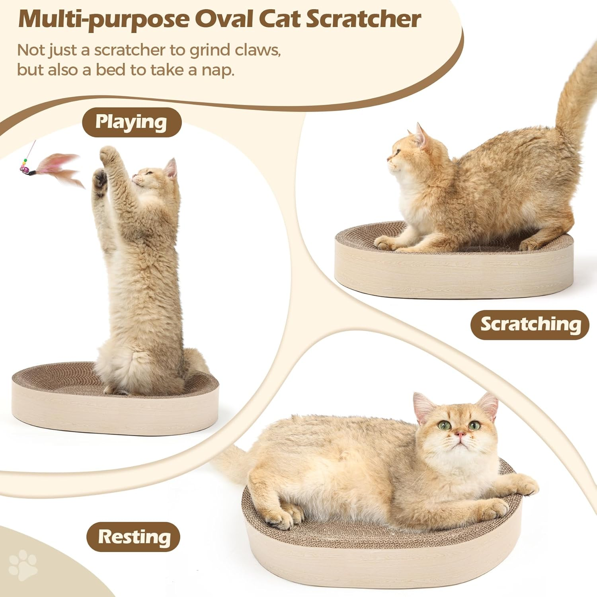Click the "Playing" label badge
pos(131,122)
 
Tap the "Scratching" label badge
pos(530,324)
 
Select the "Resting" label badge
pos(134,537)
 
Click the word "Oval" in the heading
pos(228,19)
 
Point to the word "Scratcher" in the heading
pos(363,19)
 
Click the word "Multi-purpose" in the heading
pos(104,20)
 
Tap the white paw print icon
pos(23,564)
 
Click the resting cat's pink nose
pos(460,433)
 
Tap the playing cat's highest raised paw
pos(108,153)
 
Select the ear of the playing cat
pos(171,168)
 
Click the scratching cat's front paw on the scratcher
pos(384,242)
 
